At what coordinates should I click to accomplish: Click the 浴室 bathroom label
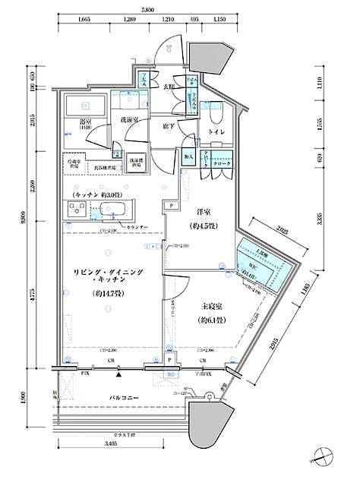point(74,121)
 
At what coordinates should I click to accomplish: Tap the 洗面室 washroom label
point(127,121)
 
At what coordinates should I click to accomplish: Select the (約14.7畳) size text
point(107,292)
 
